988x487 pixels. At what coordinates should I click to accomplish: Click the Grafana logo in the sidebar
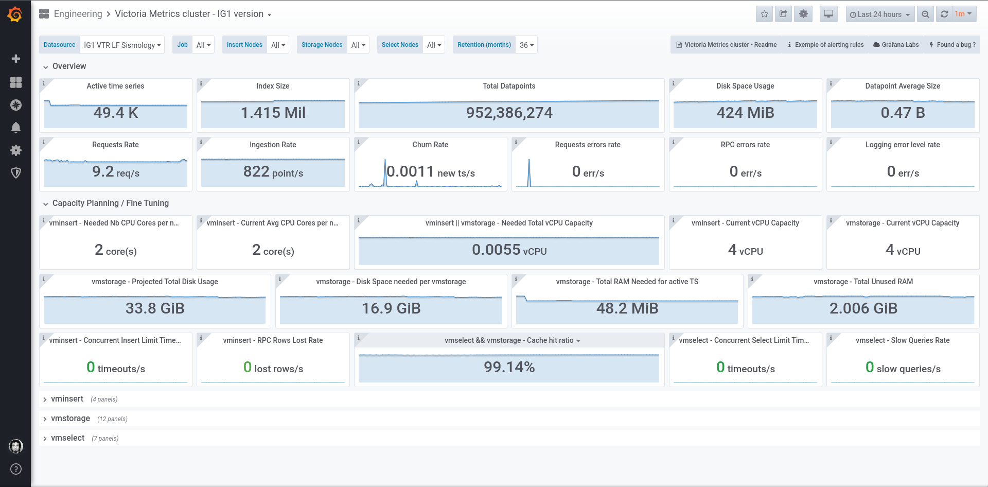coord(15,14)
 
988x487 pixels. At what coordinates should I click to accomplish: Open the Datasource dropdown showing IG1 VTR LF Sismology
coord(122,45)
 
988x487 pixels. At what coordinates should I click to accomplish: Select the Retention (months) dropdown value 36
coord(526,45)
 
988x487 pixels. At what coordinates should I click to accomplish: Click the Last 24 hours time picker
coord(879,14)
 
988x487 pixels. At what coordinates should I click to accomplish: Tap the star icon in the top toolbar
coord(764,14)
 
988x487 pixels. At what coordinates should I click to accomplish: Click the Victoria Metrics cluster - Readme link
coord(726,45)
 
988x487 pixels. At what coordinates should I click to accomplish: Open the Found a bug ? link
coord(952,45)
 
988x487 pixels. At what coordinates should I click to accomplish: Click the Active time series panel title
coord(115,86)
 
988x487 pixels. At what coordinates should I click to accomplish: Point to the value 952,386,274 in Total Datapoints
coord(509,113)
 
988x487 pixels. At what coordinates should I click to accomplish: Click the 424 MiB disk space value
coord(745,113)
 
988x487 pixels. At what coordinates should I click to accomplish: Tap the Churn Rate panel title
coord(430,145)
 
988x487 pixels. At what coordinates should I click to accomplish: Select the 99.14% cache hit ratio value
coord(509,367)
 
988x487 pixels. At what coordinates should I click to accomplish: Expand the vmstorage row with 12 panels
coord(70,419)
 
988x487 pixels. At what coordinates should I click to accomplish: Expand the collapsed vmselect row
coord(67,438)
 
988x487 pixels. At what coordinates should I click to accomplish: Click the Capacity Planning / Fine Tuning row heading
coord(111,203)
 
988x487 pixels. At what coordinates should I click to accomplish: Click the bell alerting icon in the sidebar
coord(16,128)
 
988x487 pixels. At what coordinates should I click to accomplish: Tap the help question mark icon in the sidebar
coord(16,469)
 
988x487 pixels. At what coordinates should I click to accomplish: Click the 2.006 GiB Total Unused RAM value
coord(863,308)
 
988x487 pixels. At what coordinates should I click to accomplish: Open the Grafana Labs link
coord(896,45)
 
